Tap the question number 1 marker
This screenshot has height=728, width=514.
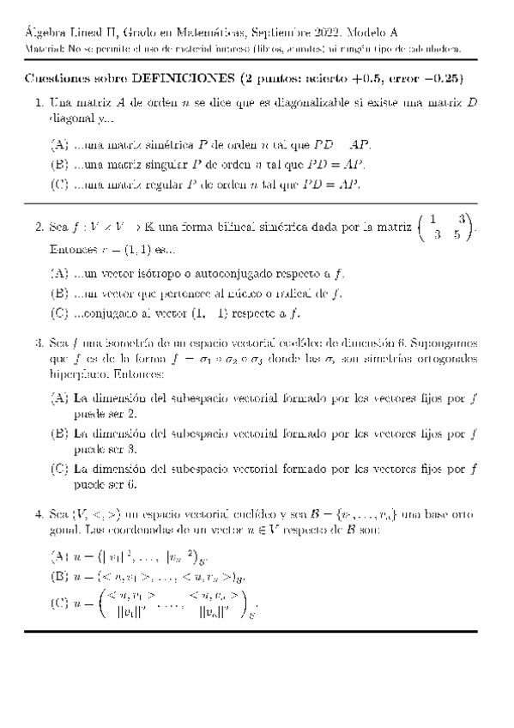pyautogui.click(x=39, y=103)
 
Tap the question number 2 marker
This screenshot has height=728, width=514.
pyautogui.click(x=39, y=228)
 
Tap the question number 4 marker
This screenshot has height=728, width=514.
pyautogui.click(x=39, y=514)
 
